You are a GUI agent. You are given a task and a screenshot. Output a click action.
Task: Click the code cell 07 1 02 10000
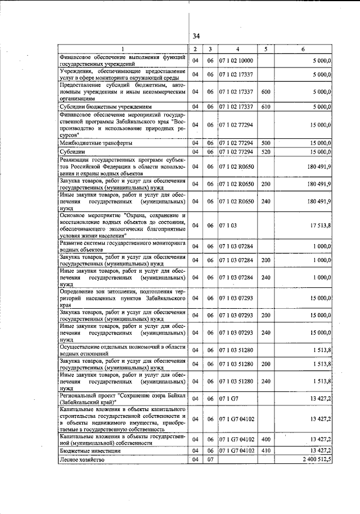[238, 61]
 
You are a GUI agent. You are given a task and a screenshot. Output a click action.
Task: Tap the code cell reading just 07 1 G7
[228, 399]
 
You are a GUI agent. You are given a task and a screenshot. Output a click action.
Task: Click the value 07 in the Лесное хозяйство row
[209, 459]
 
